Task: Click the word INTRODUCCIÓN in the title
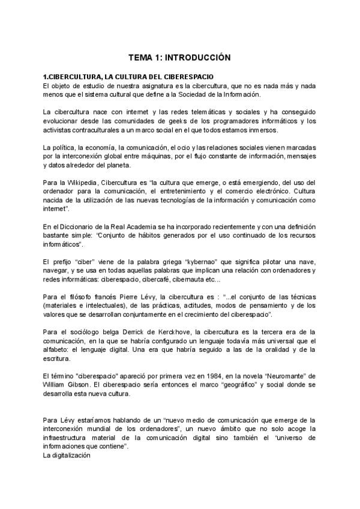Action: click(197, 58)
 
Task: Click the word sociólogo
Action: click(77, 331)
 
